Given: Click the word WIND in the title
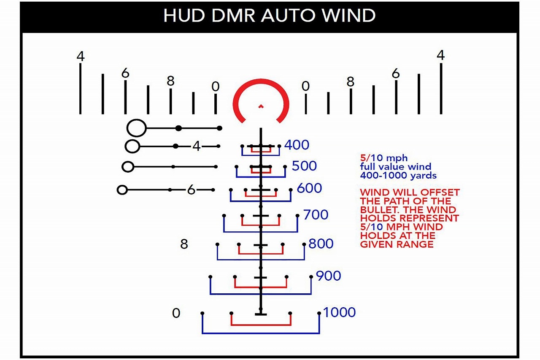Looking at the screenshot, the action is point(349,16).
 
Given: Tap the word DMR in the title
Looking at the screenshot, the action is point(233,16).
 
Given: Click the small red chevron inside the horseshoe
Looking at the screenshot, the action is point(261,106).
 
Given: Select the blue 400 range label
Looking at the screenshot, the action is point(297,145).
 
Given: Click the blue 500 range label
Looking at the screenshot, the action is point(304,166).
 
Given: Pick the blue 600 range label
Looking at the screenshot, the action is point(309,188).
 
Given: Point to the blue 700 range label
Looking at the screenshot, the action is point(316,214).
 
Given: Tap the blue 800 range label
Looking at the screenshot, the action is point(321,244).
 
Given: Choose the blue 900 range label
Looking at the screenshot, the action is point(328,276).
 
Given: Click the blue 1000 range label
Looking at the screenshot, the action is point(340,312).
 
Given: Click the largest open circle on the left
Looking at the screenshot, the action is point(136,128).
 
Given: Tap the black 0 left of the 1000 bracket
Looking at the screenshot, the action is point(176,313).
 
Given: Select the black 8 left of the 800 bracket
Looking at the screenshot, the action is point(184,244).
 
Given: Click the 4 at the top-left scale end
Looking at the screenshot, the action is point(81,57).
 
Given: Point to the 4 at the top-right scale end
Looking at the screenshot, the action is point(441,55).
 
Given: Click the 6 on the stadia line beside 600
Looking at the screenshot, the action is point(191,190).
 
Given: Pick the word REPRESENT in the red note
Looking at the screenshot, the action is point(429,218).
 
